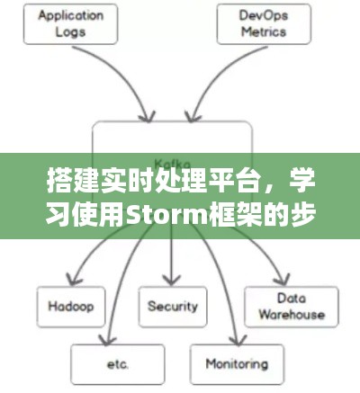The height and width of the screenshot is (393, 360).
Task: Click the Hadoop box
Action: (71, 305)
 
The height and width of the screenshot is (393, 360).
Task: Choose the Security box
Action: (170, 305)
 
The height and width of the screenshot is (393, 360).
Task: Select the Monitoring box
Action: (236, 365)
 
